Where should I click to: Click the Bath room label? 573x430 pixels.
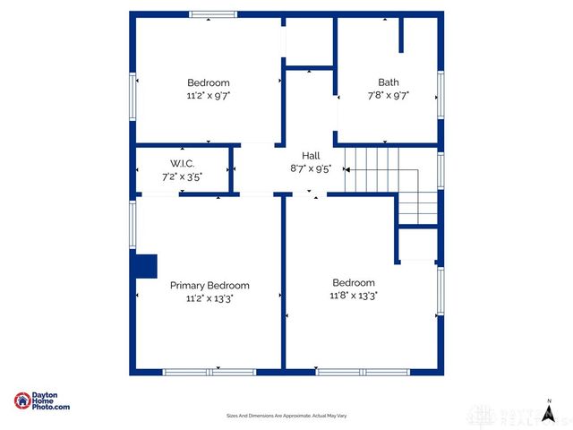[x=388, y=82]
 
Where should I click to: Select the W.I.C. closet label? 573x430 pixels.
[x=183, y=163]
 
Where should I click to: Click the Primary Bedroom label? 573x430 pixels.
[x=210, y=285]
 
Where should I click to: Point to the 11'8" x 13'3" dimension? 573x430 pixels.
[x=354, y=295]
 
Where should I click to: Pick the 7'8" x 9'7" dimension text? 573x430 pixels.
[x=388, y=94]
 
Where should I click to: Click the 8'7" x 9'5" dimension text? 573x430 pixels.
[x=310, y=168]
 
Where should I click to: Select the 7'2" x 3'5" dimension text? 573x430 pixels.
[x=183, y=176]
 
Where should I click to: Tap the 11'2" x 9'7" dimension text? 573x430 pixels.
[x=209, y=94]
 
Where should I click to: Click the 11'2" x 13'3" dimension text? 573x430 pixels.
[x=210, y=298]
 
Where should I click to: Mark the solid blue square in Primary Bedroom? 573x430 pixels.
[x=144, y=266]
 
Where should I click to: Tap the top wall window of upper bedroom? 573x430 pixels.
[x=213, y=14]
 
